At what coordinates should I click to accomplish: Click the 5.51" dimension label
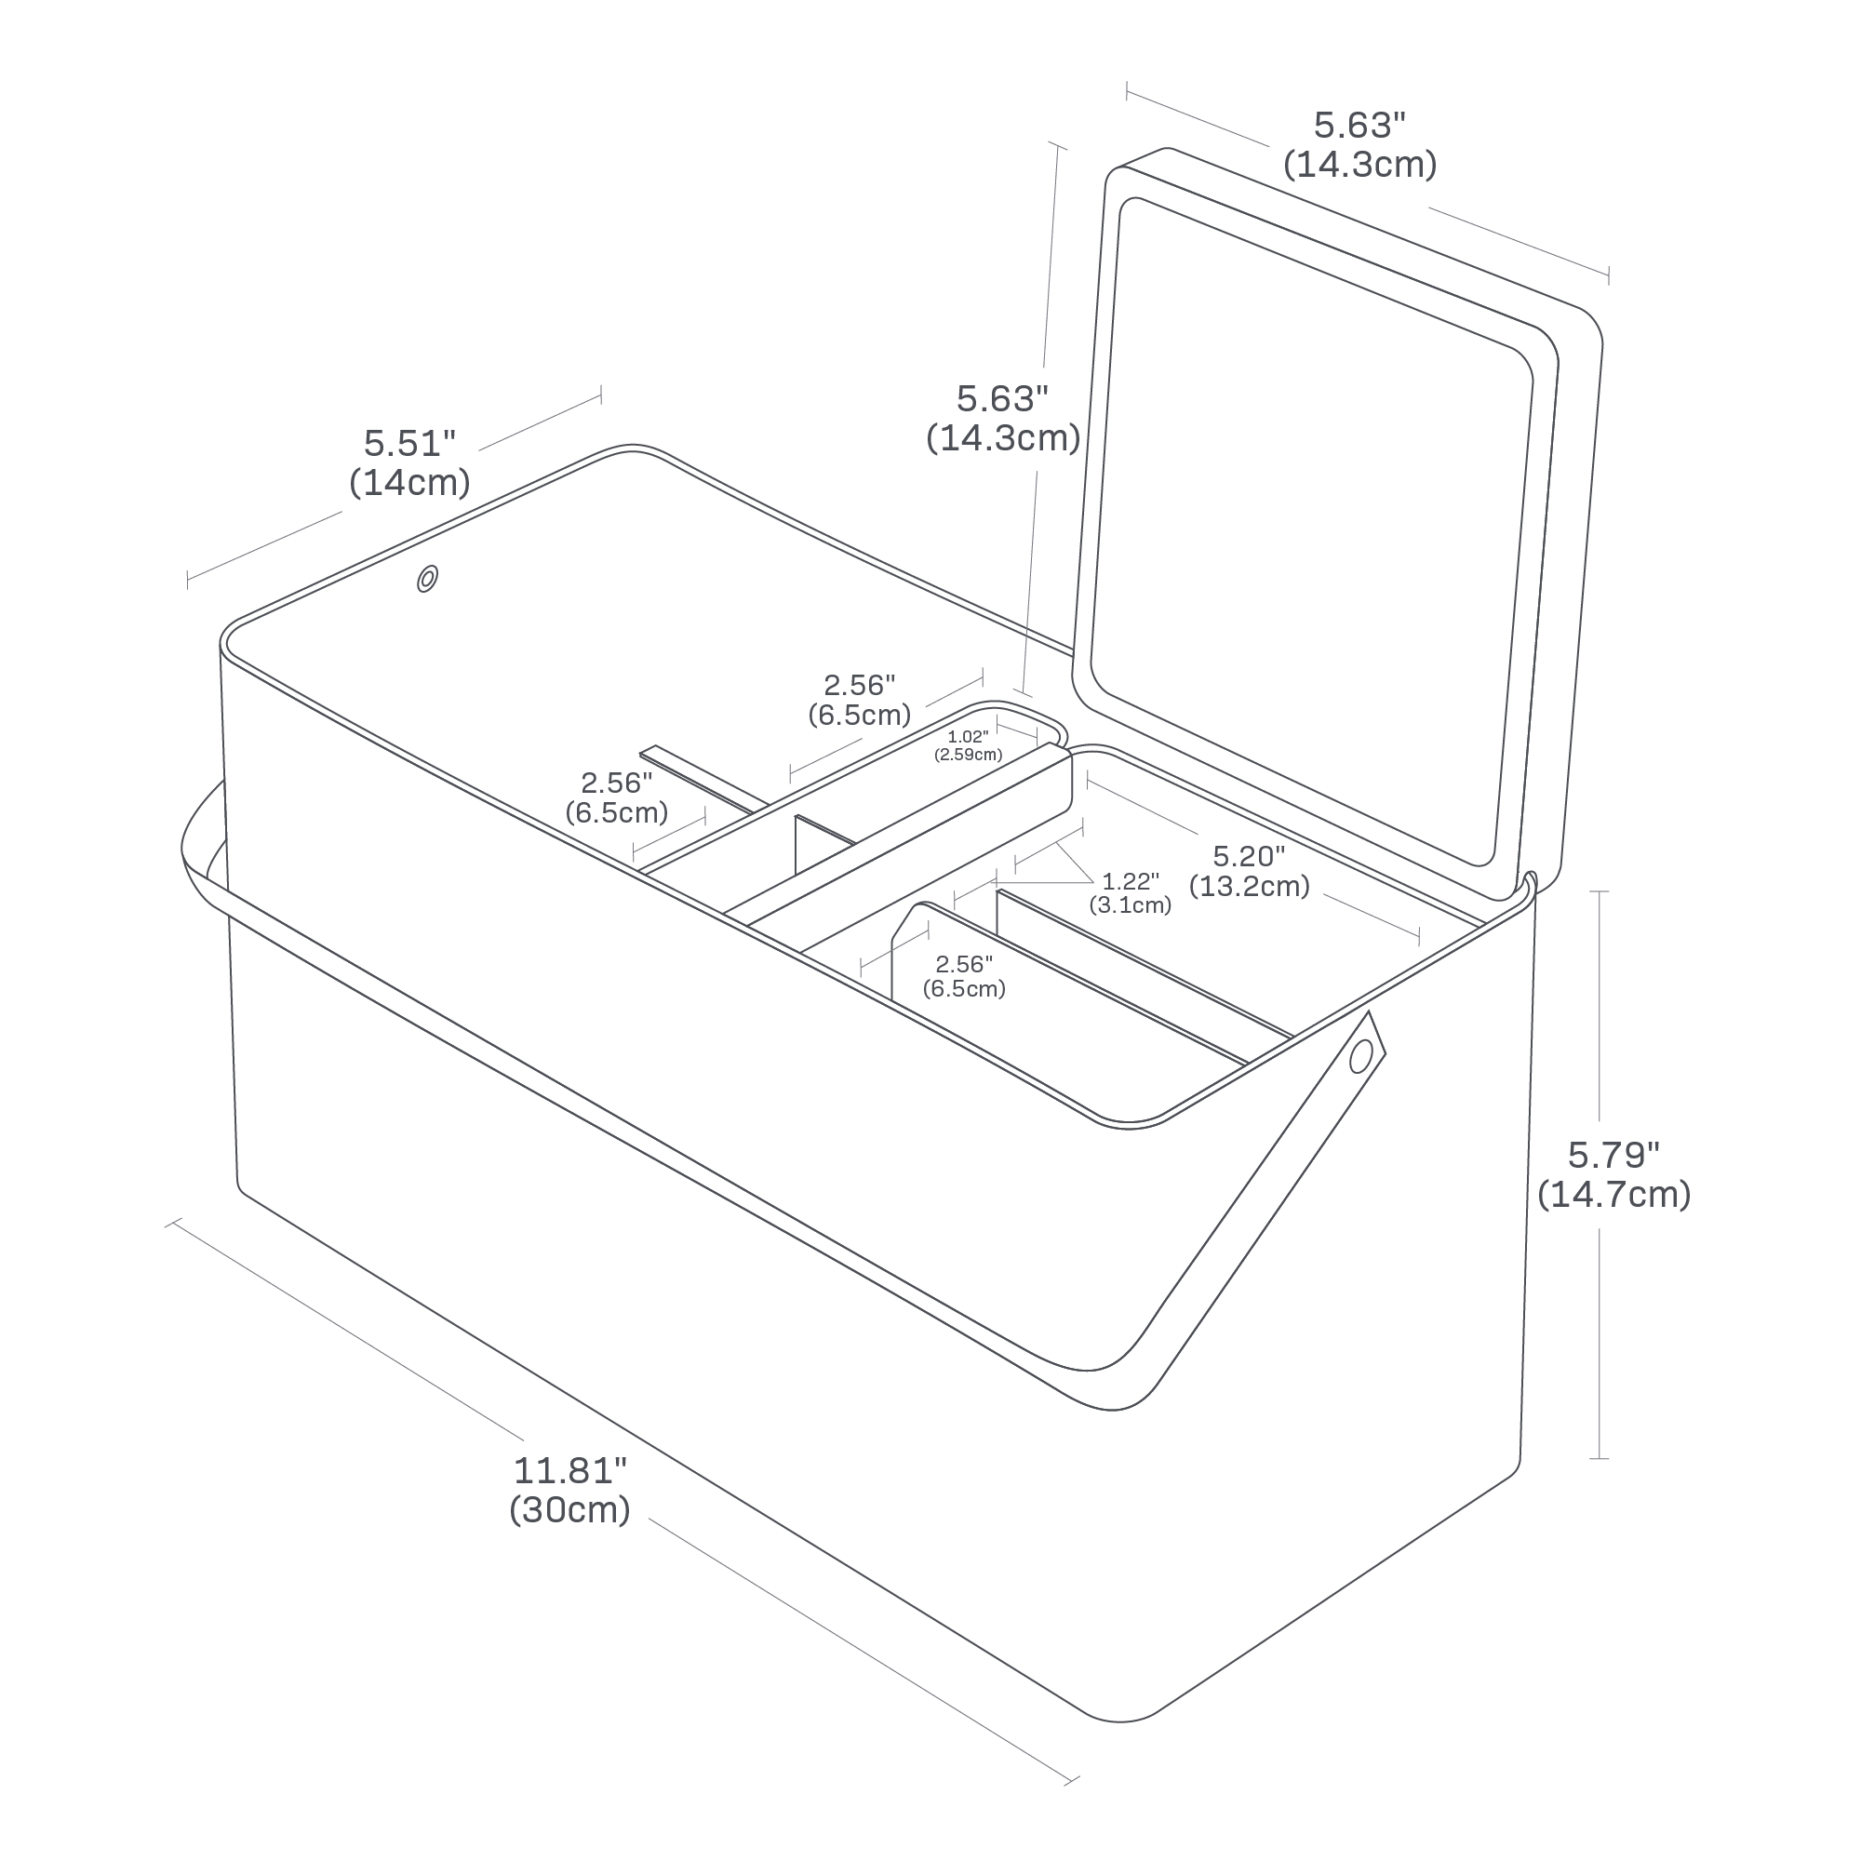pyautogui.click(x=408, y=443)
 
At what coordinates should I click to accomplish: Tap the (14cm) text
pyautogui.click(x=409, y=482)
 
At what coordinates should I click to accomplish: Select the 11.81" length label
pyautogui.click(x=570, y=1470)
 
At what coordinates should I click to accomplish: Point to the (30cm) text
pyautogui.click(x=570, y=1508)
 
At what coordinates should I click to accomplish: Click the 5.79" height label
pyautogui.click(x=1613, y=1154)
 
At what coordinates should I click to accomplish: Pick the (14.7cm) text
pyautogui.click(x=1613, y=1195)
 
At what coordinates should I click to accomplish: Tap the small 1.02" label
pyautogui.click(x=967, y=737)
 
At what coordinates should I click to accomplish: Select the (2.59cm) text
pyautogui.click(x=968, y=755)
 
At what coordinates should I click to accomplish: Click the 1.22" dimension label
pyautogui.click(x=1131, y=881)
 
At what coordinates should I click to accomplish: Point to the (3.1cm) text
pyautogui.click(x=1130, y=904)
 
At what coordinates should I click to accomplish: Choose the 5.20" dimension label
pyautogui.click(x=1249, y=855)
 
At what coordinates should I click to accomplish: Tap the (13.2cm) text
pyautogui.click(x=1250, y=885)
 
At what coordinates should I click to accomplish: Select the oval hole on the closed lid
pyautogui.click(x=427, y=580)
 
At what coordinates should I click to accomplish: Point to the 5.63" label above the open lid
pyautogui.click(x=1360, y=126)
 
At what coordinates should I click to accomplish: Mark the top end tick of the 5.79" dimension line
pyautogui.click(x=1598, y=892)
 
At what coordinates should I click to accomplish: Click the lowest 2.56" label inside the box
pyautogui.click(x=963, y=964)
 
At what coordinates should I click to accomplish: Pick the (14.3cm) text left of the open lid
pyautogui.click(x=1003, y=438)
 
